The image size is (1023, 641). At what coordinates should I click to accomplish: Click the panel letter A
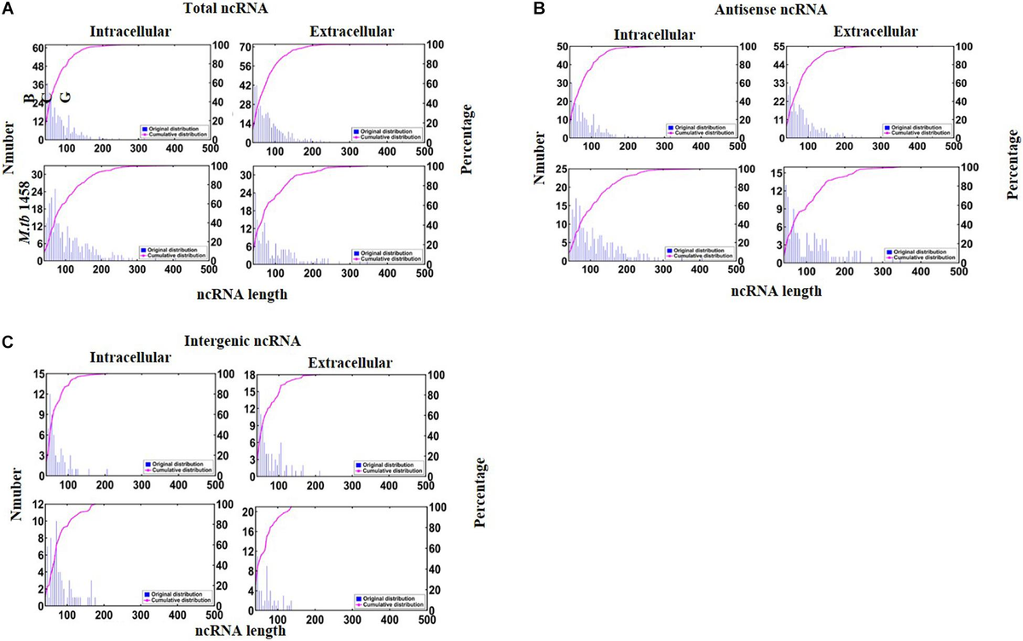point(8,8)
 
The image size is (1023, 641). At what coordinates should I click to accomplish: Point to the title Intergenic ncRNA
point(242,341)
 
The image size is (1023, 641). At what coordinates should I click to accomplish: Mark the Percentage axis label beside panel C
point(479,493)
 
